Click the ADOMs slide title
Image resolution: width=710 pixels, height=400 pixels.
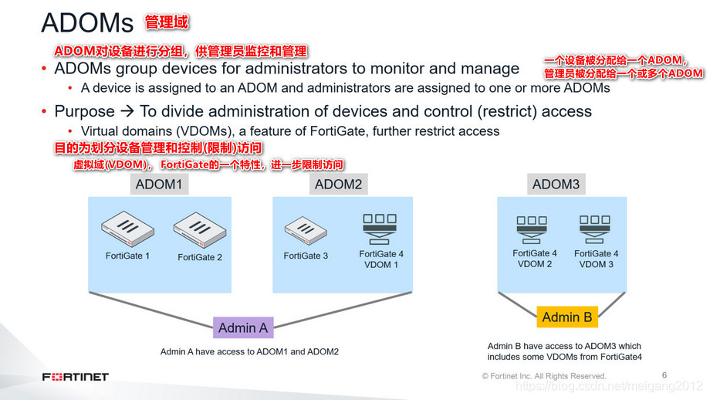pos(86,23)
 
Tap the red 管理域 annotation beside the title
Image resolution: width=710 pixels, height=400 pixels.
pos(166,23)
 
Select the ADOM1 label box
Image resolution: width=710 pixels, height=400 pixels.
pos(160,185)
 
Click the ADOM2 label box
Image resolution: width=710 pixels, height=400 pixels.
pos(339,185)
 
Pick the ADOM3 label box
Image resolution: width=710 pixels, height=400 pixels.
pos(556,185)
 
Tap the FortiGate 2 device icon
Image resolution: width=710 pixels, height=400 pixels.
pos(199,229)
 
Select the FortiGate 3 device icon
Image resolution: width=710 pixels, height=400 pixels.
pos(306,229)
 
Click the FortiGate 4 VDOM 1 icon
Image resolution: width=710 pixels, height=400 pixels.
pos(380,226)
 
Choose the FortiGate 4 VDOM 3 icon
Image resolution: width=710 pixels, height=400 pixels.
pos(596,226)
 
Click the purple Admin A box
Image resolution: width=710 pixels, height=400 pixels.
pos(243,327)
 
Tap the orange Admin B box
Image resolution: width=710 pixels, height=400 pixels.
pos(567,317)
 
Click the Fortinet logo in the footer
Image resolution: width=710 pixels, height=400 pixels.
pos(75,377)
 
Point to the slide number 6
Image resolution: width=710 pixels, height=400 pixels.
pos(664,375)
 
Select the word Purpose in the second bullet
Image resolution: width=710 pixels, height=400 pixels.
pos(84,111)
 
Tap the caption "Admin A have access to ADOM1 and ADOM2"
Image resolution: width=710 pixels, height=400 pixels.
pos(249,352)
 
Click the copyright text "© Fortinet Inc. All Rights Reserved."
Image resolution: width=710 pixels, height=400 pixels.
pos(544,376)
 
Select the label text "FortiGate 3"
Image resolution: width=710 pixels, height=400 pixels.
pos(306,256)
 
